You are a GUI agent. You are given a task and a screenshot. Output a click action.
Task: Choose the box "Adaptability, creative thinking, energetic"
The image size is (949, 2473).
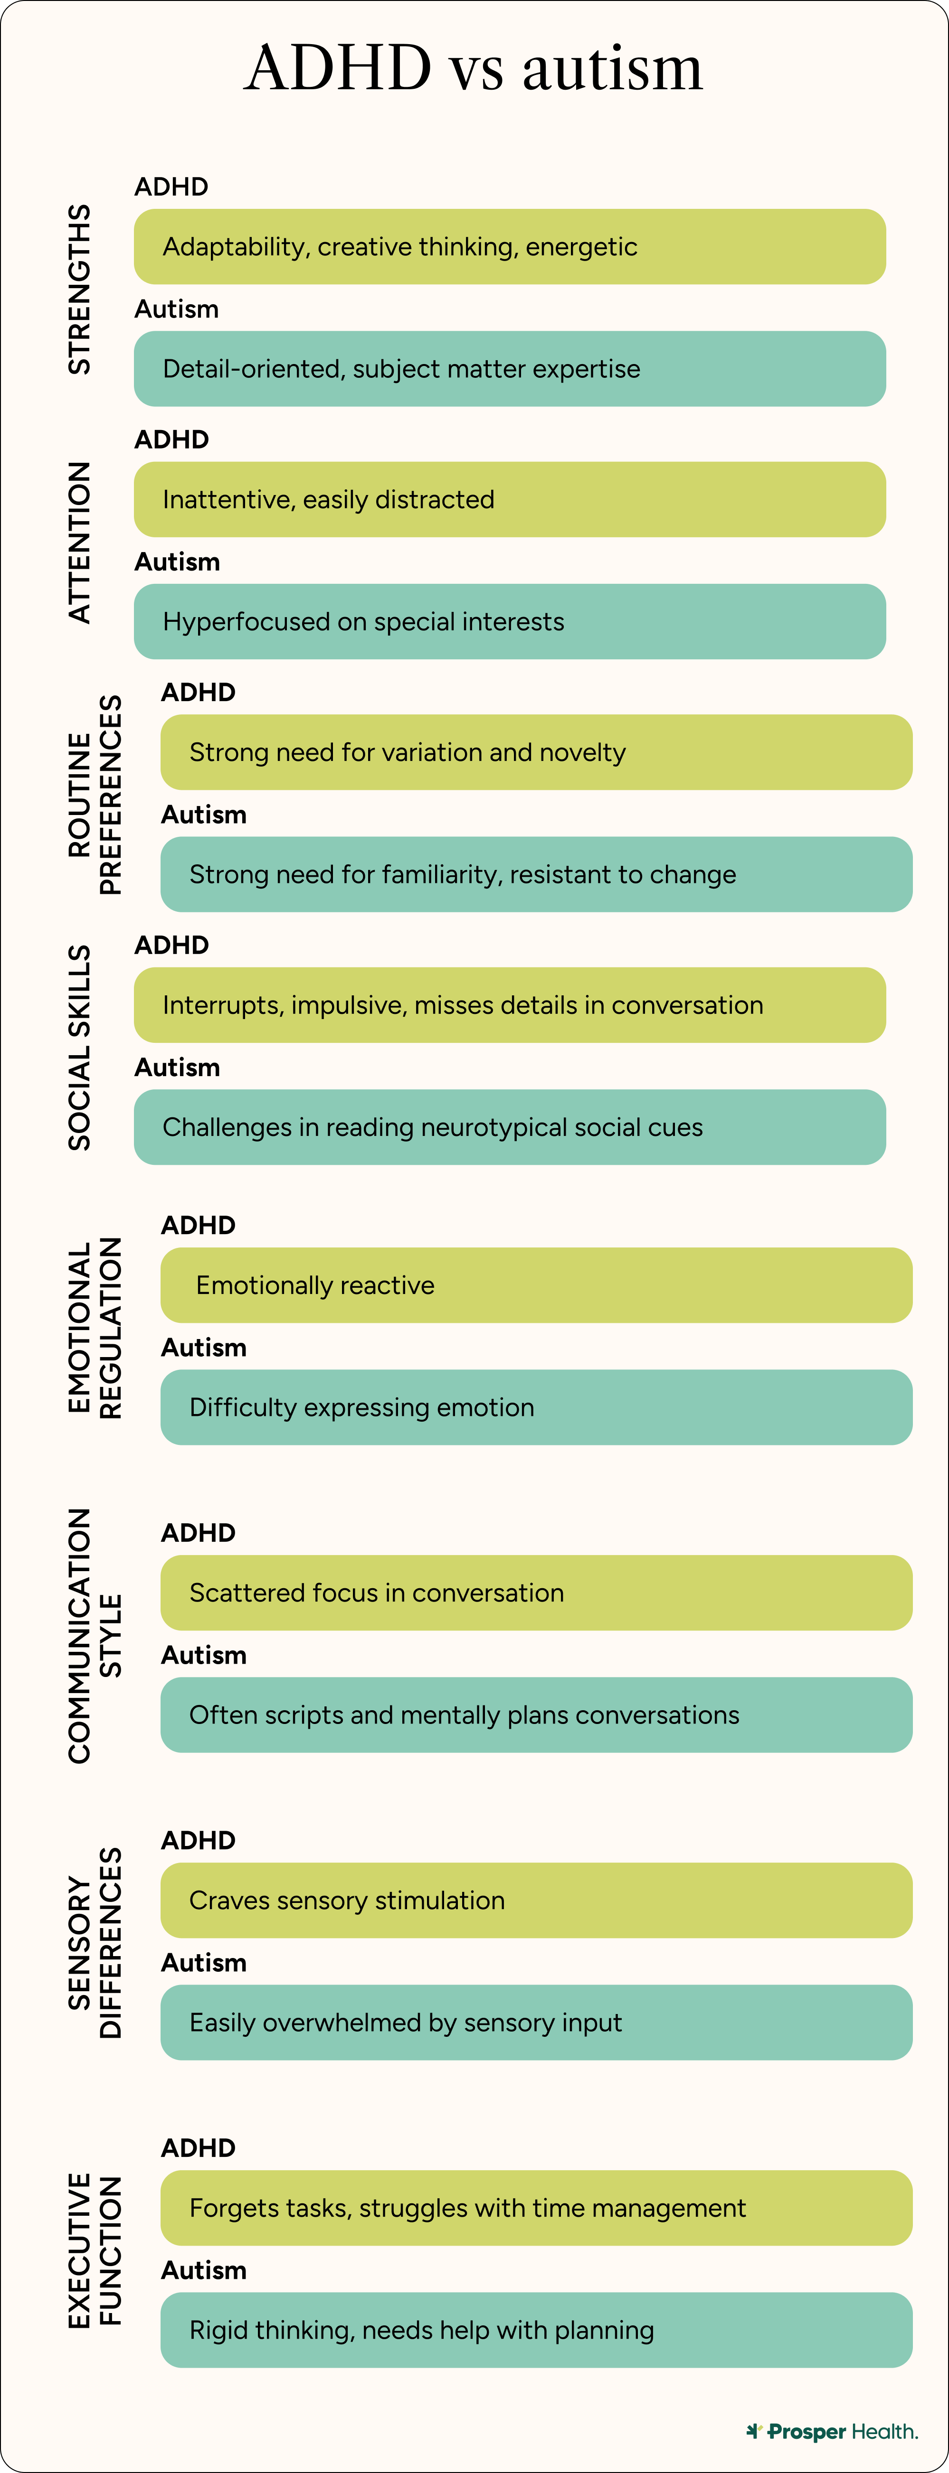click(509, 247)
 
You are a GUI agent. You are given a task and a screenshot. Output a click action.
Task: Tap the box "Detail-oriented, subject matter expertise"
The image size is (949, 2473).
click(509, 369)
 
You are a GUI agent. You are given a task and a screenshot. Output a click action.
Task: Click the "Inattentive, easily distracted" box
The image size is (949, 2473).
click(509, 499)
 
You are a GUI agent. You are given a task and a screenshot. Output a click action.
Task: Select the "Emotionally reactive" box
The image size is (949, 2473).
click(536, 1285)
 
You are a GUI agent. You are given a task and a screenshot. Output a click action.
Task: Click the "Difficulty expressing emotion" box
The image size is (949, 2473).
click(536, 1407)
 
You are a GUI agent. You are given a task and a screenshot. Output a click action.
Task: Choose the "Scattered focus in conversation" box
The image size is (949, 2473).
click(536, 1592)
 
